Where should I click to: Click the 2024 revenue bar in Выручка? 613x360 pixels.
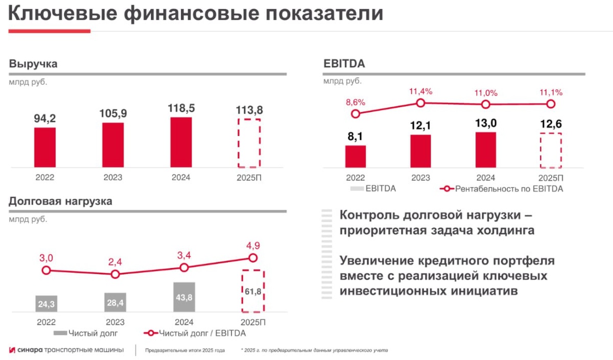tap(181, 142)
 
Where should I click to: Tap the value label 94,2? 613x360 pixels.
tap(45, 118)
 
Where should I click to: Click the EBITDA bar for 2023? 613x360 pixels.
tap(420, 151)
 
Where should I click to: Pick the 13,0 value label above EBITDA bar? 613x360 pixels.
tap(485, 123)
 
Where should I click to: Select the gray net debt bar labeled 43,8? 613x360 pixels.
tap(184, 297)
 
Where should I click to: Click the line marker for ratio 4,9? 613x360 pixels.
tap(252, 258)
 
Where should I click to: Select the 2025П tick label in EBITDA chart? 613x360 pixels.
tap(551, 178)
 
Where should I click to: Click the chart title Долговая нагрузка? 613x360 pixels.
tap(61, 201)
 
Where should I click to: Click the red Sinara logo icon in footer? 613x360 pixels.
tap(12, 350)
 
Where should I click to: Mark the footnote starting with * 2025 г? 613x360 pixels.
tap(314, 351)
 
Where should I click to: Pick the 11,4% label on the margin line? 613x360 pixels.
tap(420, 91)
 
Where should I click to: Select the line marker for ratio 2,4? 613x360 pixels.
tap(115, 274)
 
